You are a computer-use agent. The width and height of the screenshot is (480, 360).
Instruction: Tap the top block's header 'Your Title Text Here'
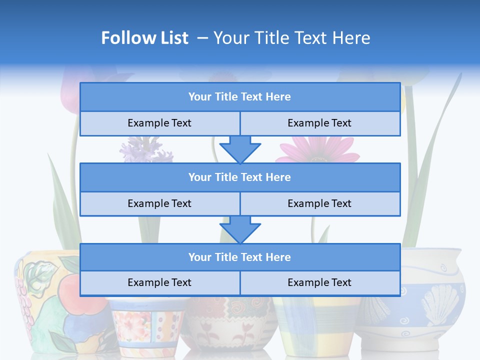coord(239,97)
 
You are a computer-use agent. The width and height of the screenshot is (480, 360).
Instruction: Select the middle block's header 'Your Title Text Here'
coord(239,177)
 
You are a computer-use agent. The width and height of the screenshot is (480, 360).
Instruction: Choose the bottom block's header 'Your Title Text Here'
coord(239,257)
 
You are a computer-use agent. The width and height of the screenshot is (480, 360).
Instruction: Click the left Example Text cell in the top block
coord(159,123)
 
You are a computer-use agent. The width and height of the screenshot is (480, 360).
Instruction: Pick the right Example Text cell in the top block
coord(319,123)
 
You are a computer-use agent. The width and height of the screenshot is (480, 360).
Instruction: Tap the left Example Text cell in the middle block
coord(159,203)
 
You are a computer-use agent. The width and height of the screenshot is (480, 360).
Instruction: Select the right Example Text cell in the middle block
coord(319,203)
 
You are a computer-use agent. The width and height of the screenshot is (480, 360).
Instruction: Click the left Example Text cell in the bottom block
coord(159,282)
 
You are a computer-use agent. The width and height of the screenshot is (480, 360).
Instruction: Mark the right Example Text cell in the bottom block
coord(319,282)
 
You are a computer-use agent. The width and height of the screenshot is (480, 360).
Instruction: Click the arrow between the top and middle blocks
coord(240,149)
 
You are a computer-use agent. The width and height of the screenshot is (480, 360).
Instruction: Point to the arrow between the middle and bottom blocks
coord(240,229)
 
